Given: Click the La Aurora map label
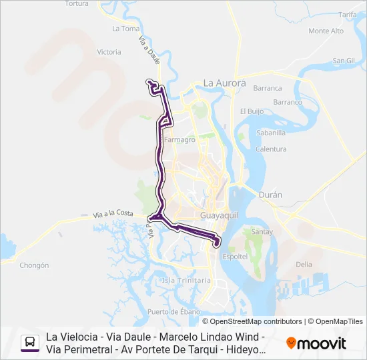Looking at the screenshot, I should point(225,83).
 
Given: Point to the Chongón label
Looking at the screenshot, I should point(34,265).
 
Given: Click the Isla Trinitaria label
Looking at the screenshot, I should point(187,281).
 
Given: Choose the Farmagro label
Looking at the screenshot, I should point(179,140).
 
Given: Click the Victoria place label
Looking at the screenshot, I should point(109,52).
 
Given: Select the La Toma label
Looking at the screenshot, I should point(125,29).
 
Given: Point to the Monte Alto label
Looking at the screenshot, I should point(326,31).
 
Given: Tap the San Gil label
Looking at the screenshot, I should point(344,60).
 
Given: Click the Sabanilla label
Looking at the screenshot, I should point(271,133).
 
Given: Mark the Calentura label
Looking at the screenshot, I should point(271,149).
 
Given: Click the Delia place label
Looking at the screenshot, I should point(304,264).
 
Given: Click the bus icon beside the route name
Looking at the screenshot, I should point(30,343).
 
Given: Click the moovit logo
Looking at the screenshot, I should point(316,343).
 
